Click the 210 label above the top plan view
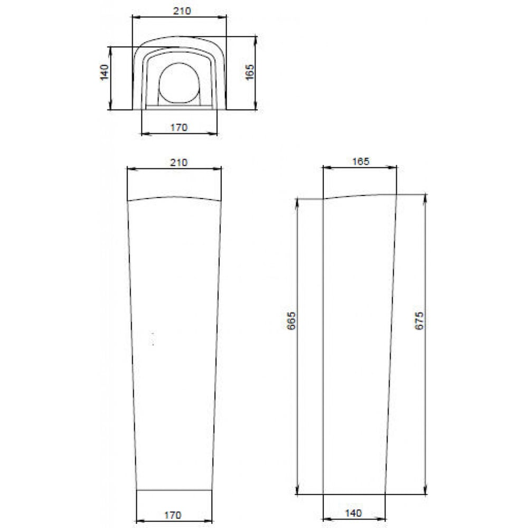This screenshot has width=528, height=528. coord(182,11)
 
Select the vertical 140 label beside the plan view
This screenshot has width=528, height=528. coord(105,72)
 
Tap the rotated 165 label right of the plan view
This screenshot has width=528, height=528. coord(250,72)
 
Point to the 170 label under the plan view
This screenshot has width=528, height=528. coord(179,128)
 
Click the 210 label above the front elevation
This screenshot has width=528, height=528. coord(178,163)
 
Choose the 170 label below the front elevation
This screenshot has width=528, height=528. coord(173,515)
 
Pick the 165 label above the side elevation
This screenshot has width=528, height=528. coord(361,162)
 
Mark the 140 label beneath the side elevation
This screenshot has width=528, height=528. coord(354,513)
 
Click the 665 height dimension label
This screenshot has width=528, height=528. coord(291,320)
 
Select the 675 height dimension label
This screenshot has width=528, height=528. coord(419,320)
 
